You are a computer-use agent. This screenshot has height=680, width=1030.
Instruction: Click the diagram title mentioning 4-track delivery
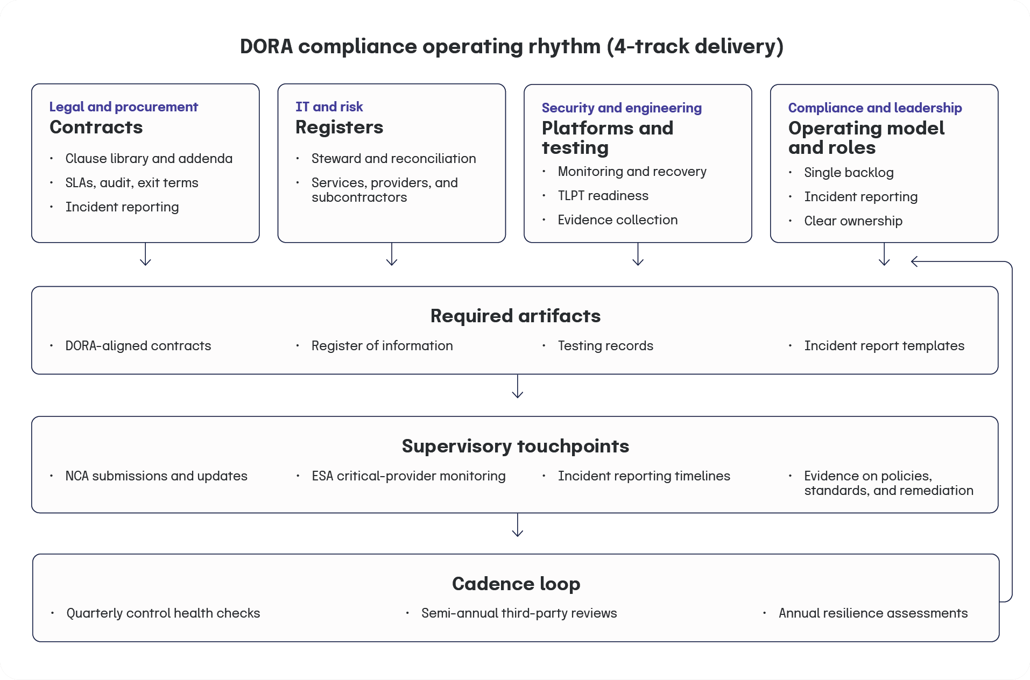(x=511, y=46)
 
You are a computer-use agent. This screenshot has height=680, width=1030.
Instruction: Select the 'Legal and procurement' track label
(x=123, y=107)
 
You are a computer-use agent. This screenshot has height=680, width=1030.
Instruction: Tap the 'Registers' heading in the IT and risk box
(x=339, y=127)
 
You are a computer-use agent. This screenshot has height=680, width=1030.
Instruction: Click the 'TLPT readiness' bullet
(x=603, y=196)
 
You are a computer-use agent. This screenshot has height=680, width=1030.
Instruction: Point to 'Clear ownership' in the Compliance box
(x=853, y=221)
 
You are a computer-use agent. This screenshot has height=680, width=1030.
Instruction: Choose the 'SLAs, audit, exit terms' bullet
(x=131, y=183)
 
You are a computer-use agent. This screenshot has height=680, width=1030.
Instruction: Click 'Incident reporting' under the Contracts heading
(x=122, y=207)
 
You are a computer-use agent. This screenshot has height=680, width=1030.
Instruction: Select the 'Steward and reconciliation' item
(x=393, y=159)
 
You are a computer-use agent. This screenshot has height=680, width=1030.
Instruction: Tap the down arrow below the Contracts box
(x=145, y=254)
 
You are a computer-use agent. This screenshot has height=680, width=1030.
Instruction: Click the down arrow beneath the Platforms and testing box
(x=638, y=254)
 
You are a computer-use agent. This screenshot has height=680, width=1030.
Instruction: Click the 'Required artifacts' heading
(x=515, y=316)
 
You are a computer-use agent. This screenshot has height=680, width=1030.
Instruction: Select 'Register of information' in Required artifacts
(x=382, y=346)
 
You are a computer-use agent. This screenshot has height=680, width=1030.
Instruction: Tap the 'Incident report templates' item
(x=884, y=346)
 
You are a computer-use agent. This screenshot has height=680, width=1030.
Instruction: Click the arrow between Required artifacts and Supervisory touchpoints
(x=517, y=387)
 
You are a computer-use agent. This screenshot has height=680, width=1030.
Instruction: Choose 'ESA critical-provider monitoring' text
(x=408, y=476)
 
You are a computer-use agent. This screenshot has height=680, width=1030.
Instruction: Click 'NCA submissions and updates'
(x=156, y=476)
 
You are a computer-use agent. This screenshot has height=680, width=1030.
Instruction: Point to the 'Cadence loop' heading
(x=516, y=584)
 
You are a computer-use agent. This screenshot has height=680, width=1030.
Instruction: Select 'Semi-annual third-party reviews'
(x=519, y=613)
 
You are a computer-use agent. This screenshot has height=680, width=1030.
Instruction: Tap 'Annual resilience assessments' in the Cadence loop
(x=872, y=613)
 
